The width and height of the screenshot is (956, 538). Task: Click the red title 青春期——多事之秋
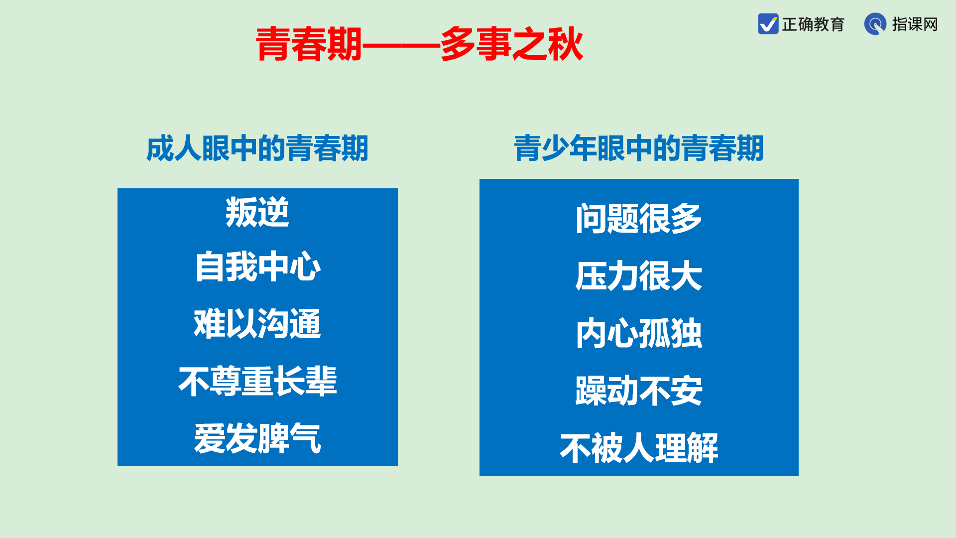pyautogui.click(x=419, y=44)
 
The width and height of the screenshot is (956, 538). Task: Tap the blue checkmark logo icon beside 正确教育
pyautogui.click(x=768, y=24)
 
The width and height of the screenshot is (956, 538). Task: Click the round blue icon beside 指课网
pyautogui.click(x=875, y=24)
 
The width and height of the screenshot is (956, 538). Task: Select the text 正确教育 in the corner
pyautogui.click(x=813, y=24)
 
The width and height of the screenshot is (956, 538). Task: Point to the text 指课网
pyautogui.click(x=915, y=24)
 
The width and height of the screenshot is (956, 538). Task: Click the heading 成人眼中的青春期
pyautogui.click(x=257, y=148)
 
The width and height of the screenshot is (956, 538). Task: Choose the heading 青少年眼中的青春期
pyautogui.click(x=639, y=148)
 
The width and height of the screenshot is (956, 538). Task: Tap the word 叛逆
pyautogui.click(x=257, y=212)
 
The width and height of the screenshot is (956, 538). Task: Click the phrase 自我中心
pyautogui.click(x=257, y=267)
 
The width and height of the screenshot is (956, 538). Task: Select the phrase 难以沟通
pyautogui.click(x=257, y=324)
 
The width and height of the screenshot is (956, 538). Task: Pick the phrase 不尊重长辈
pyautogui.click(x=257, y=381)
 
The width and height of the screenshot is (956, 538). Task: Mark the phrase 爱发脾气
pyautogui.click(x=257, y=438)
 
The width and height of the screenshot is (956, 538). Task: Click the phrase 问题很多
pyautogui.click(x=639, y=218)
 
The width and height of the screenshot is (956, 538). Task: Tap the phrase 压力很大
pyautogui.click(x=639, y=275)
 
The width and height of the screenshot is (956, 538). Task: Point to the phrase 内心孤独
pyautogui.click(x=639, y=333)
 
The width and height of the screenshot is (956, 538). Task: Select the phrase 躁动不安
pyautogui.click(x=639, y=391)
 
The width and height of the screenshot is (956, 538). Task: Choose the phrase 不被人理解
pyautogui.click(x=639, y=448)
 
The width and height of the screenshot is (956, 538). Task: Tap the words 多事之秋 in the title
pyautogui.click(x=512, y=44)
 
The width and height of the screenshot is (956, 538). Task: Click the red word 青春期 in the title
pyautogui.click(x=309, y=44)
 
